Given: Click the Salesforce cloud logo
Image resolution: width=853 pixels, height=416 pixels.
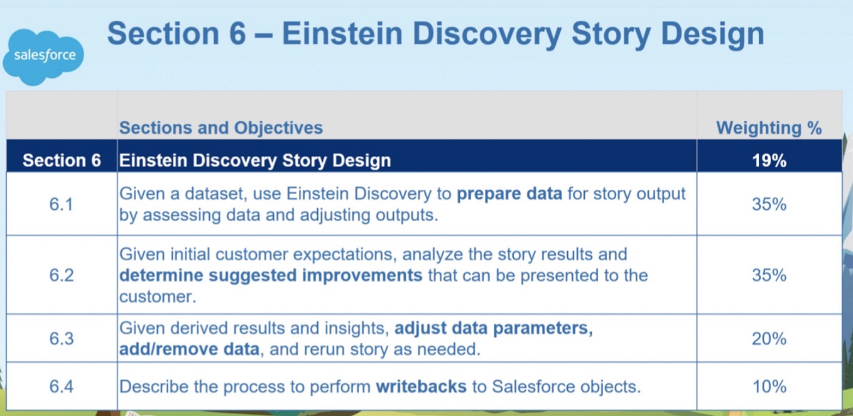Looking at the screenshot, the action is click(43, 57).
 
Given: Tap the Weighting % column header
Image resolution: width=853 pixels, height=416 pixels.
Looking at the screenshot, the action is click(769, 128).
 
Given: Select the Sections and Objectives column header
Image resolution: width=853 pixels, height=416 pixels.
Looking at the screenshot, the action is click(221, 128).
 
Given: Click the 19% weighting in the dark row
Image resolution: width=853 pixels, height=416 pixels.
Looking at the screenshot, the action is click(769, 160).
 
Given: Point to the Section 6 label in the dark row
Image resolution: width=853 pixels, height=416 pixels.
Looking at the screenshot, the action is click(62, 160).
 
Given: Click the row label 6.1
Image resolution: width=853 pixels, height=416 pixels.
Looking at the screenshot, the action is click(61, 204).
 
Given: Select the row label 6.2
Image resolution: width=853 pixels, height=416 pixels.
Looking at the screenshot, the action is click(62, 275).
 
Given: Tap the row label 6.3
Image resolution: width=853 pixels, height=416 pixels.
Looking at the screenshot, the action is click(62, 338).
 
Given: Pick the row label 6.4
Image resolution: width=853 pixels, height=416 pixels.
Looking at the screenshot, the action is click(62, 386).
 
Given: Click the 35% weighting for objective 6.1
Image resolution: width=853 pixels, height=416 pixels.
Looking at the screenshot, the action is click(769, 204).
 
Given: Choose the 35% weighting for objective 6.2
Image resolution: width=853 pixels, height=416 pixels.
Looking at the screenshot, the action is click(769, 275).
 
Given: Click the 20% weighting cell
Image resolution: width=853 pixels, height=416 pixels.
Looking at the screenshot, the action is click(769, 338).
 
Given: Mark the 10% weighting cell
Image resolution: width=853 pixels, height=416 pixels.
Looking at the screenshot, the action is click(769, 386).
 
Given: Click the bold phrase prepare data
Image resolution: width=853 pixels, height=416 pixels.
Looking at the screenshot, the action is click(509, 194).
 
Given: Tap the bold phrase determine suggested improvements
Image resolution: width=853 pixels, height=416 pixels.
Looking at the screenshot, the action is click(271, 275).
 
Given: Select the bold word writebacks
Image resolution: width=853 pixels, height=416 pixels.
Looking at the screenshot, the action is click(421, 386).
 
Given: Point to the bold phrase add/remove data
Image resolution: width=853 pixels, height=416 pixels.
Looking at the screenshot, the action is click(189, 349).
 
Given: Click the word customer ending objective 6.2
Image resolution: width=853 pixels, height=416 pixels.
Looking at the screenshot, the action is click(158, 297).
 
